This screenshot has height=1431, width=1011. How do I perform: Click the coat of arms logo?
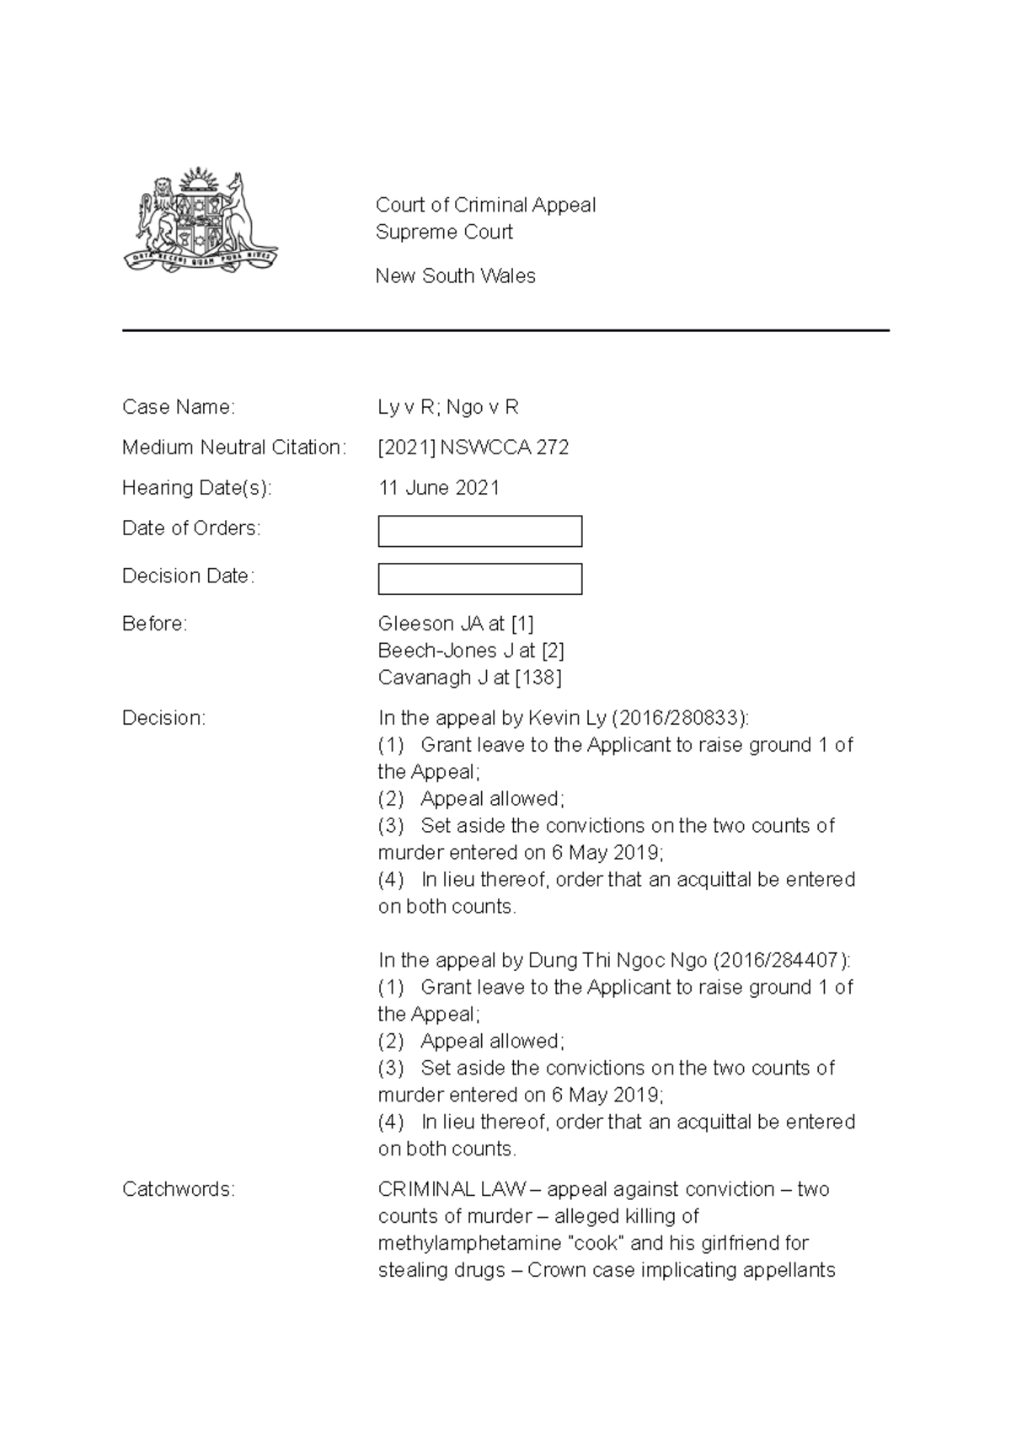[x=201, y=221]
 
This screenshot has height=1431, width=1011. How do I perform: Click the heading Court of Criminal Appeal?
[x=485, y=205]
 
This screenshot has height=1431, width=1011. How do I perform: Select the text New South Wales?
[x=455, y=276]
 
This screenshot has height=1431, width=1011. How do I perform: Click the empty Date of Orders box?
[x=479, y=532]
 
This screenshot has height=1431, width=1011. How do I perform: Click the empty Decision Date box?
[x=479, y=580]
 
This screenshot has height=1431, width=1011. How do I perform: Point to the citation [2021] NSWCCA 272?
[x=473, y=448]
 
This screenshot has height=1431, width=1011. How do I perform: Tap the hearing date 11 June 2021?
[x=438, y=488]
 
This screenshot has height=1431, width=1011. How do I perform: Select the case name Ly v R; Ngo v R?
[x=447, y=408]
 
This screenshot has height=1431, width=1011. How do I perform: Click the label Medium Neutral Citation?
[x=233, y=448]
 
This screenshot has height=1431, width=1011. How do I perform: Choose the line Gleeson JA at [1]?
[x=455, y=624]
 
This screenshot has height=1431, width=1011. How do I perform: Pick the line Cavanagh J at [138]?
[x=469, y=678]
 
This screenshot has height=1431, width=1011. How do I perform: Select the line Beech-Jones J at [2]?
[x=470, y=651]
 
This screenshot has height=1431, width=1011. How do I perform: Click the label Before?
[x=154, y=624]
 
